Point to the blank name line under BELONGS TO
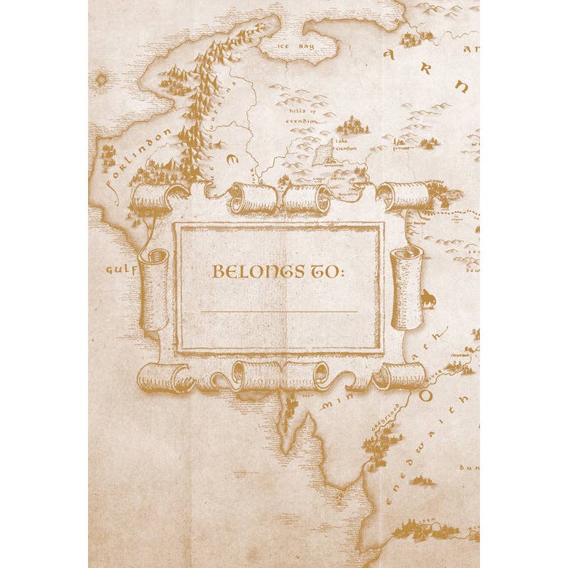(x=279, y=312)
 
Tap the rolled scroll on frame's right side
(x=407, y=287)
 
